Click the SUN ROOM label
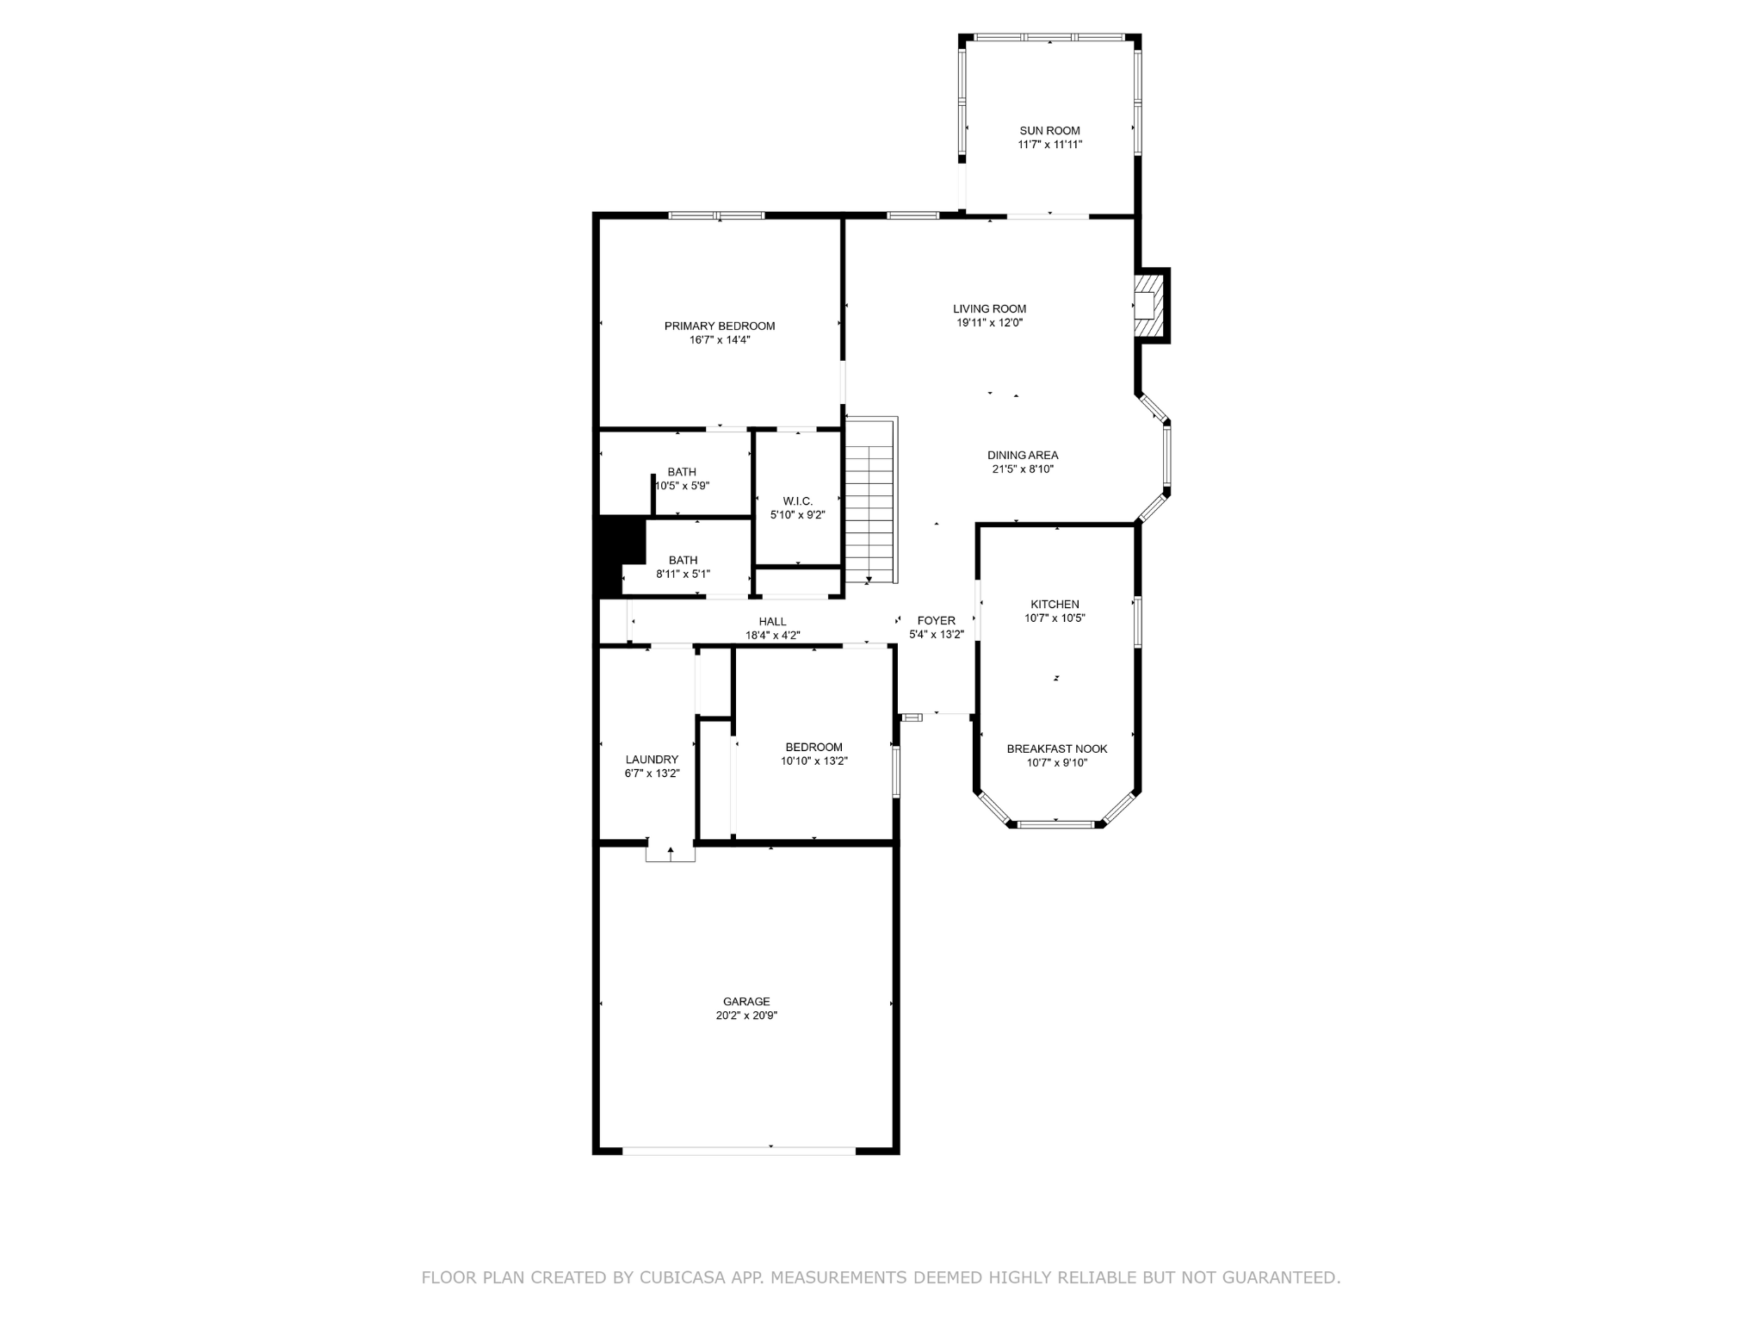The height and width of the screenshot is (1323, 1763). pos(1049,131)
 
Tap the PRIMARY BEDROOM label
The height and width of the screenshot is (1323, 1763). pos(720,326)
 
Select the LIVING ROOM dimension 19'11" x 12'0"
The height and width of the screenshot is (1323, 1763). pos(990,323)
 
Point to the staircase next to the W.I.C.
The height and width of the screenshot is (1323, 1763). pos(871,500)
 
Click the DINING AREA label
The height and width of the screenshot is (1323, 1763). pos(1023,456)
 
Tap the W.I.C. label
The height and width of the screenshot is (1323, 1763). pos(798,501)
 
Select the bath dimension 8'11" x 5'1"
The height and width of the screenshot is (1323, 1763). pos(684,575)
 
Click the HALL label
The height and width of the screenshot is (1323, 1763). pos(773,622)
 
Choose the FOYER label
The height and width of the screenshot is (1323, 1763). pos(937,621)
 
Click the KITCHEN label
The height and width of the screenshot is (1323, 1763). pos(1055,605)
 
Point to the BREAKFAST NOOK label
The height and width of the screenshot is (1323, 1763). pos(1057,749)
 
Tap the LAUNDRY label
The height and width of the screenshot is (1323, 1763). pos(652,760)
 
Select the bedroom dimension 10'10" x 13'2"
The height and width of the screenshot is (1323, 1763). pos(814,761)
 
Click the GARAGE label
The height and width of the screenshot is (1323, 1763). pos(746,1002)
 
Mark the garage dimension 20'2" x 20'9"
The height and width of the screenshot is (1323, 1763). pos(746,1016)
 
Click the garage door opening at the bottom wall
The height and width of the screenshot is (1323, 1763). pos(739,1150)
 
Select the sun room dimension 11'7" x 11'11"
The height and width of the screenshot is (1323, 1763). pos(1049,145)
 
